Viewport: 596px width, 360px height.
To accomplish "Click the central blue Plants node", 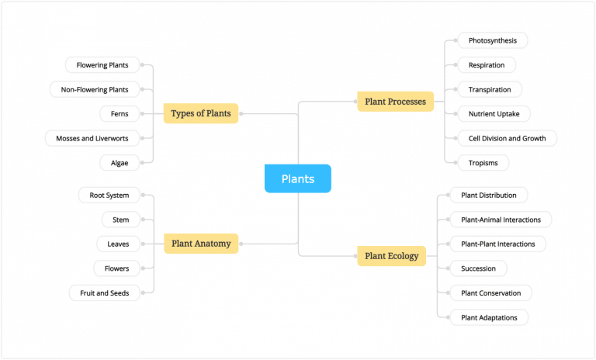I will tap(298, 178).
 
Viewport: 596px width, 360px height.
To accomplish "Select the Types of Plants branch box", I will tap(200, 114).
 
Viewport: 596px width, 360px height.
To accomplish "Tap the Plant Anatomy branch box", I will tap(200, 244).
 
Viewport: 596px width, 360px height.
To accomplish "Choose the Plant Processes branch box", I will tap(395, 102).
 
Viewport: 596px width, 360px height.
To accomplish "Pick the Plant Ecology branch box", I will tap(391, 256).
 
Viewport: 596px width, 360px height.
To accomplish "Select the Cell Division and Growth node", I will tap(502, 138).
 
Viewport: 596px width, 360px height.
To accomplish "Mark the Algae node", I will tap(119, 163).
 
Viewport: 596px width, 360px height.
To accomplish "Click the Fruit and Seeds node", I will tap(105, 292).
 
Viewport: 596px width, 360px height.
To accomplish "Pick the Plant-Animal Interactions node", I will tap(501, 220).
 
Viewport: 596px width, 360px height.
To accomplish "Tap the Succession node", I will tap(478, 268).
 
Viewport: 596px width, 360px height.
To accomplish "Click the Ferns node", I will tap(119, 114).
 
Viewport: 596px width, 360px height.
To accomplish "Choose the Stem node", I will tap(121, 220).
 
